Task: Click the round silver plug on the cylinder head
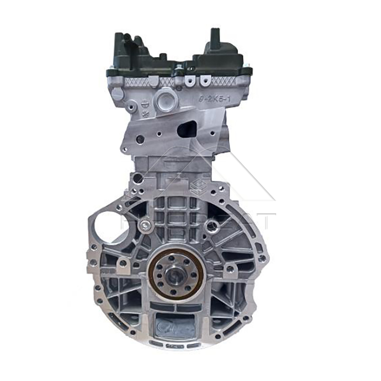point(166,101)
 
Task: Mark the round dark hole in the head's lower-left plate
point(140,140)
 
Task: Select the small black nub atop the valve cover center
point(178,66)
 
